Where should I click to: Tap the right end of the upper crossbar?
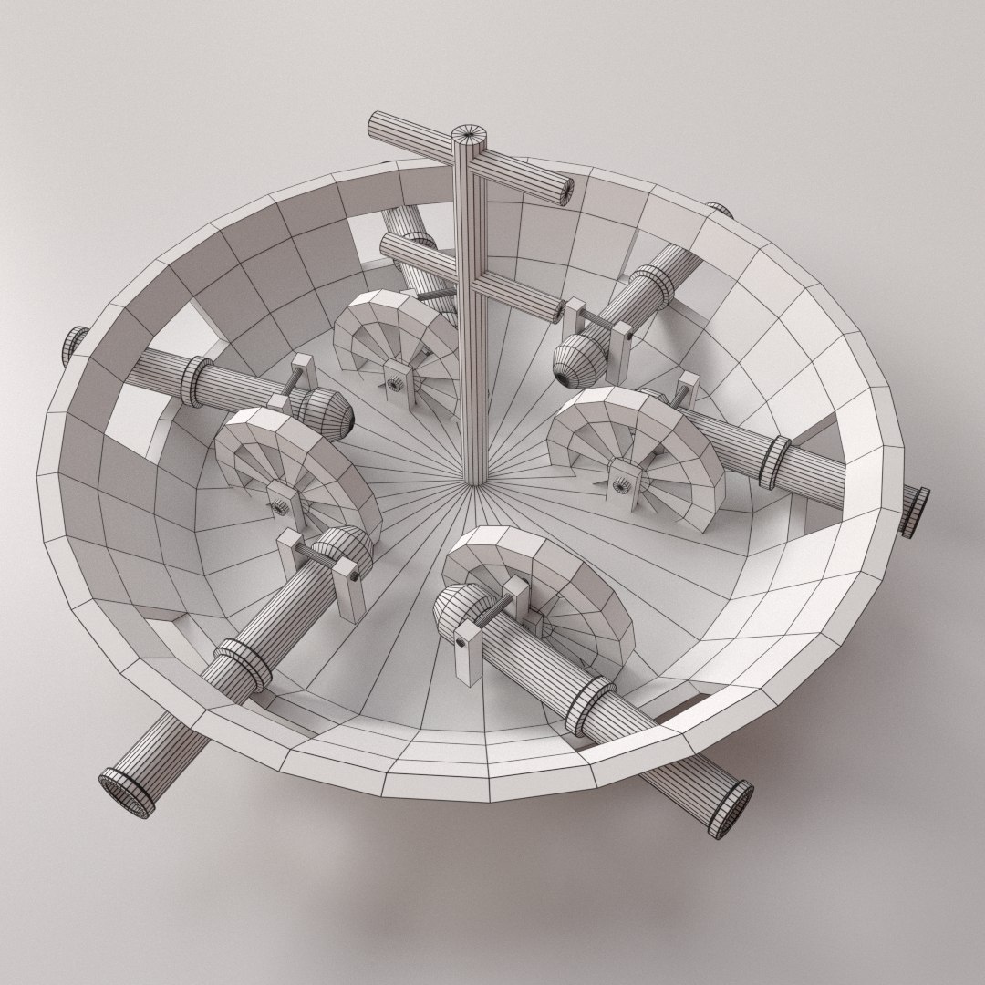pos(566,189)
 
